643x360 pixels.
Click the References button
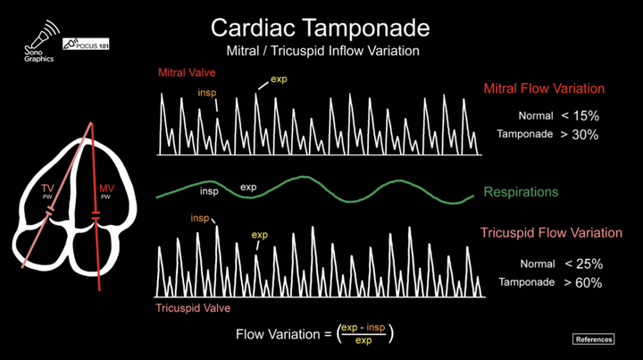593,339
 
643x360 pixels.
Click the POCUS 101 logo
86,44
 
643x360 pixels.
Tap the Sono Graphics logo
40,41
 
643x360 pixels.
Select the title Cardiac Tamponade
321,28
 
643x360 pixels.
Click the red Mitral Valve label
187,72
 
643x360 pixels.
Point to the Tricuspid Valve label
193,308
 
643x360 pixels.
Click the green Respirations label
521,192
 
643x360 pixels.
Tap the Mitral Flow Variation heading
544,88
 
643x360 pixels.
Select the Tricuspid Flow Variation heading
551,232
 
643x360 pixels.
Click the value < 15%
580,116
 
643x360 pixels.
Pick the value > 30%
580,135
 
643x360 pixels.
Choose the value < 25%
583,264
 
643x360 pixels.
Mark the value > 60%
582,282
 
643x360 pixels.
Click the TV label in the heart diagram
47,188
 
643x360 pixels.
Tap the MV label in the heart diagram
106,188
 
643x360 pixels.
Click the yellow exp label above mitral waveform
279,80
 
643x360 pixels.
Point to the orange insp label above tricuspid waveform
200,218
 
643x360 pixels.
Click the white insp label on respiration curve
209,191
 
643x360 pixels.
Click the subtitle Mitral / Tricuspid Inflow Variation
322,51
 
